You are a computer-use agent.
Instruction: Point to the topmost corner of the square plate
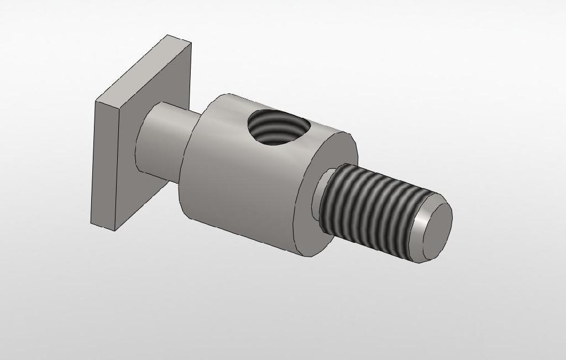169,35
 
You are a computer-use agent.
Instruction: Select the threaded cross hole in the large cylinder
274,127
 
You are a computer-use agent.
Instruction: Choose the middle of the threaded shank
376,210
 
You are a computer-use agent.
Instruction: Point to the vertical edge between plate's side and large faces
116,166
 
